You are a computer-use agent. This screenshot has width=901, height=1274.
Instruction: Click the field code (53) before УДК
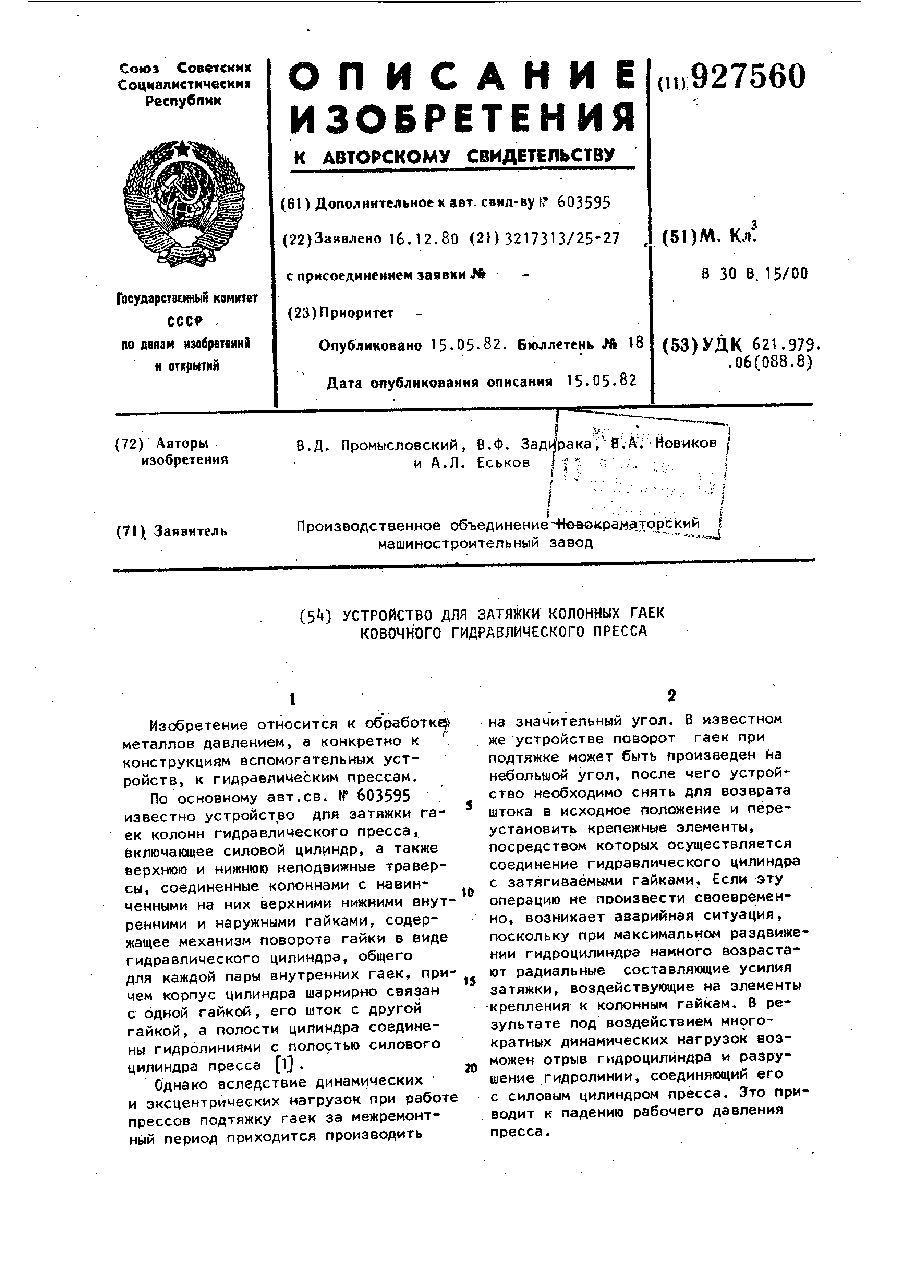[680, 346]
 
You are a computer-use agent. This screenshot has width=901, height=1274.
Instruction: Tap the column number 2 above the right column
[672, 696]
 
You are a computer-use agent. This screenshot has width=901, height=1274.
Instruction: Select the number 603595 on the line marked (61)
[584, 203]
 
